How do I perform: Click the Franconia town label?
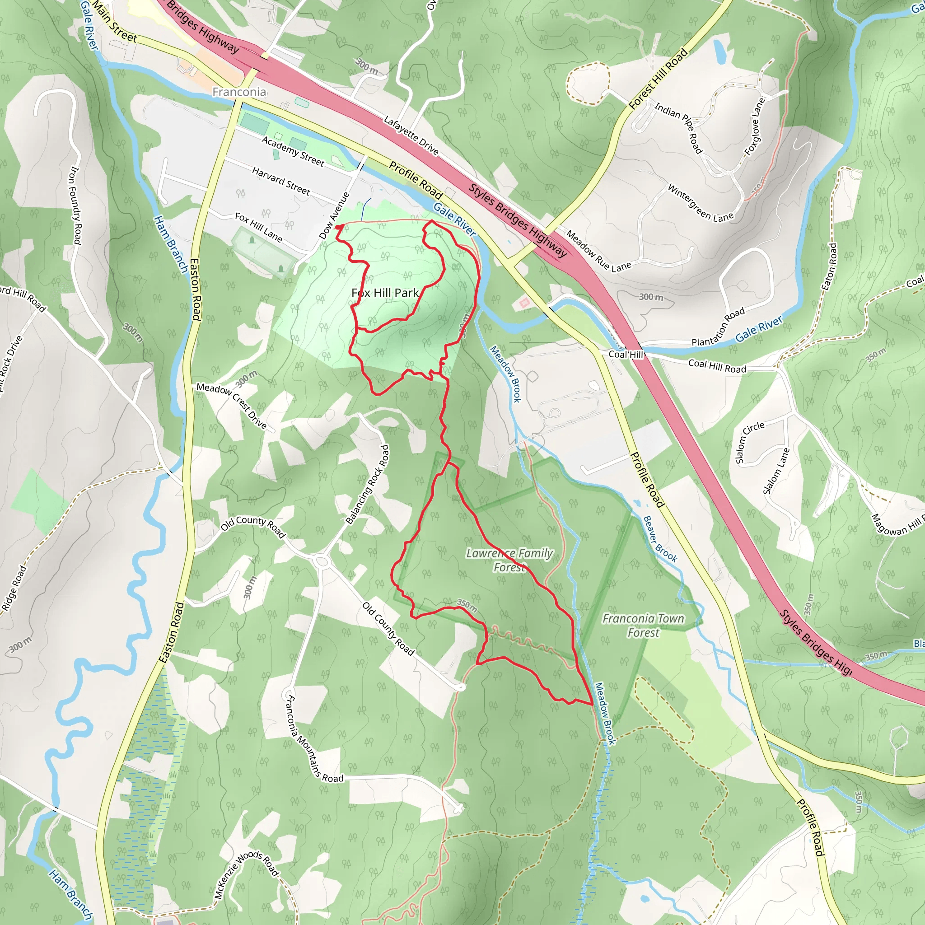point(239,92)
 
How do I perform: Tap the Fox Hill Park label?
point(385,293)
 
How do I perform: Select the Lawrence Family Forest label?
point(509,560)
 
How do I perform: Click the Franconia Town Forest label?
point(643,625)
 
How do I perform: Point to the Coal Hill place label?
point(625,354)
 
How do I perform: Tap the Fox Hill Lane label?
point(258,227)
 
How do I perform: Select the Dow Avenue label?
point(335,215)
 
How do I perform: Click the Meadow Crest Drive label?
point(231,405)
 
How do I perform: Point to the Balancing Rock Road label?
point(368,485)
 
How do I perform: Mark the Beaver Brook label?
point(660,539)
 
